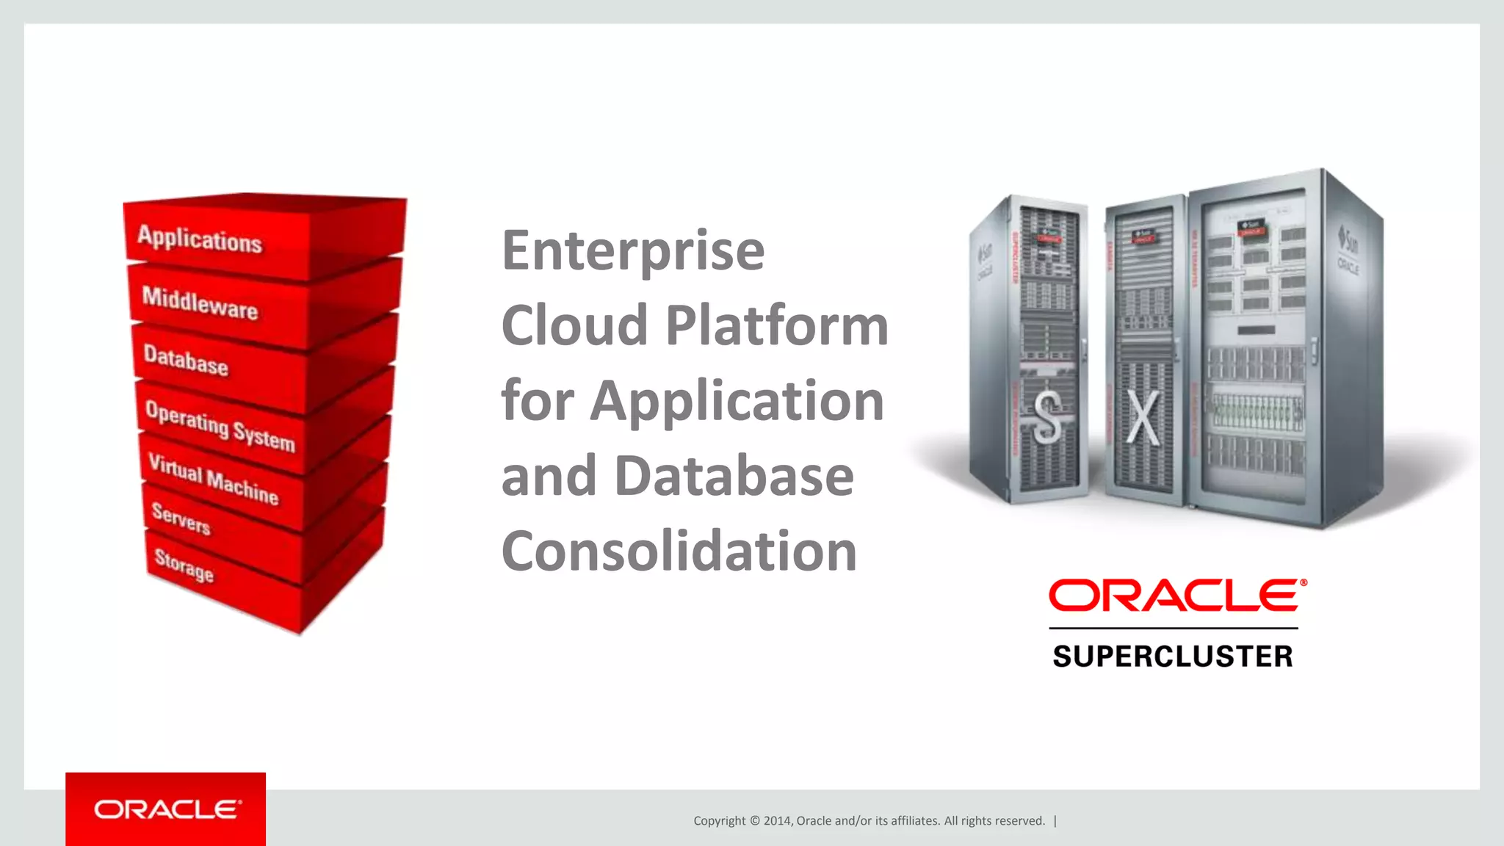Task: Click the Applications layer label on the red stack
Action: pos(200,239)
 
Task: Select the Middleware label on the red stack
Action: pos(200,303)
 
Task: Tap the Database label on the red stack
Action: pos(186,360)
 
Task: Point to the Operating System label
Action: pos(220,426)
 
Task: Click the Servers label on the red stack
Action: pos(181,518)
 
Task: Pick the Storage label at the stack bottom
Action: pos(184,565)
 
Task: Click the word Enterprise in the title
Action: pos(633,250)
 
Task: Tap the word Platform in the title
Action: pos(776,325)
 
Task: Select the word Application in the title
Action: pos(737,401)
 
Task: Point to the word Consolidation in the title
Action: pos(679,551)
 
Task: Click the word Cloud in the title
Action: pos(574,325)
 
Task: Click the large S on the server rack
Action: pos(1048,417)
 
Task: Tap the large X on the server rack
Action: pos(1143,417)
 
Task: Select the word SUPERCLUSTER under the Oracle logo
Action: pos(1173,657)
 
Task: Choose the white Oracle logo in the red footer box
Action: pos(167,810)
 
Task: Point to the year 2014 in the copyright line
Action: pos(776,821)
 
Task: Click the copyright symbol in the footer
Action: pos(754,821)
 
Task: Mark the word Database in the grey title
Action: pos(734,476)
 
